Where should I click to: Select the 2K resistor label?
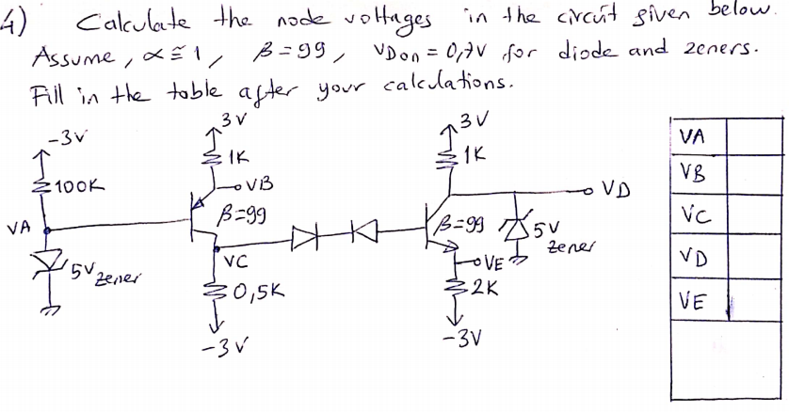(484, 287)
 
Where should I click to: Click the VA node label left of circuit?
(16, 227)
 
